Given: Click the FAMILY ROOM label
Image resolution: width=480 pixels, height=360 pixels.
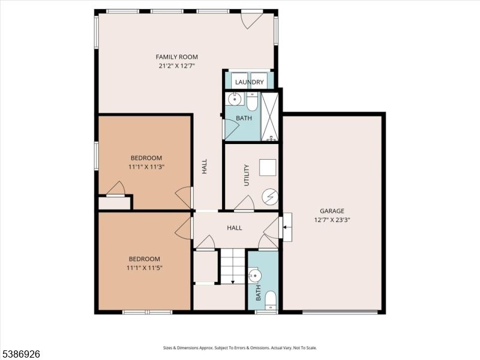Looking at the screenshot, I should coord(177,57).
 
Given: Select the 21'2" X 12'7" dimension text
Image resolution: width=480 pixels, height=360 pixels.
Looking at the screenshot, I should coord(177,66).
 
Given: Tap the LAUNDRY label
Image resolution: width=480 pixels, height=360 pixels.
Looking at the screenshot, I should coord(249,82).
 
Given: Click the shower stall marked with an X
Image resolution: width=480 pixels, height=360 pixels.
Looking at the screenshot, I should coord(271,117).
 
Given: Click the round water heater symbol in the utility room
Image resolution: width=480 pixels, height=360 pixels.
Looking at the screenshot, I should coord(269,196).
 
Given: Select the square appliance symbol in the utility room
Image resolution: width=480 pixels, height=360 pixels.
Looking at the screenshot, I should coord(267,167).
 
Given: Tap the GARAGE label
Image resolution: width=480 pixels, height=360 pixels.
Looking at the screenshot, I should coord(332,211).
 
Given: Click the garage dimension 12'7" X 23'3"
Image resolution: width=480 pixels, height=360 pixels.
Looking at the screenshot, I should coord(332,220).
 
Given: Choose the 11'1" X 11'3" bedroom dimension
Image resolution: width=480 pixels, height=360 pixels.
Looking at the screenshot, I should coord(145,167).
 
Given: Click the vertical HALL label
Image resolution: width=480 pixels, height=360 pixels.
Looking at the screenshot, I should coord(204,167).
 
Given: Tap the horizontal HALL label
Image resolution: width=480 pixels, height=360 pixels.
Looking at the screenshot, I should coord(234,228).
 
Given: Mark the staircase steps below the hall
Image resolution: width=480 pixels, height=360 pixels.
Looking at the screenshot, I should coord(233,266).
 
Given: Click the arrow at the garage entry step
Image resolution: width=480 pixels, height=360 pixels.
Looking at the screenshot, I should coord(286,228).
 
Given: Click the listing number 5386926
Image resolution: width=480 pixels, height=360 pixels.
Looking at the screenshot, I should coord(20,355).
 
